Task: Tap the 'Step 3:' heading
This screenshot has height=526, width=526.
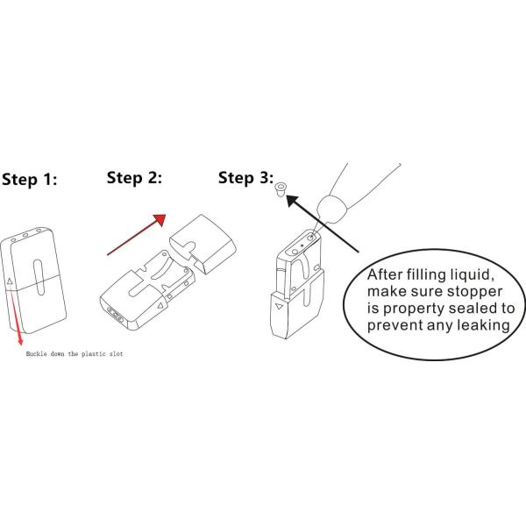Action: coord(245,178)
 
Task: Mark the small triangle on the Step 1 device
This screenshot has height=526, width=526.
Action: coord(11,281)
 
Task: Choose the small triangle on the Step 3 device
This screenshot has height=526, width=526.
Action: coord(278,308)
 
